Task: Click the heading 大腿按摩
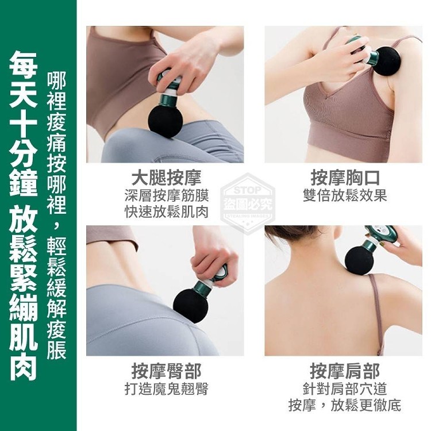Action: coord(166,178)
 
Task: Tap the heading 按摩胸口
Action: coord(345,178)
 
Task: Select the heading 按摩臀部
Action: coord(166,371)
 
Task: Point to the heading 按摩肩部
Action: coord(345,371)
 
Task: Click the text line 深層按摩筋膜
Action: coord(167,195)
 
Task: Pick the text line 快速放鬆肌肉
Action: coord(167,211)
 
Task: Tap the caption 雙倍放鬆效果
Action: coord(345,195)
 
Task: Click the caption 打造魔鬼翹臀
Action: coord(167,388)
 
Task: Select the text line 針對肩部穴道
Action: coord(345,388)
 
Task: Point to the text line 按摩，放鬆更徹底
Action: coord(345,405)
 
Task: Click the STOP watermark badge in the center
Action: coord(248,203)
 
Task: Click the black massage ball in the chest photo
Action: coord(387,61)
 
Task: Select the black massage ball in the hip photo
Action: coord(190,305)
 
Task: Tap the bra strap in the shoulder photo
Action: coord(377,313)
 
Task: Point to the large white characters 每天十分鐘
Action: coord(24,123)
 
